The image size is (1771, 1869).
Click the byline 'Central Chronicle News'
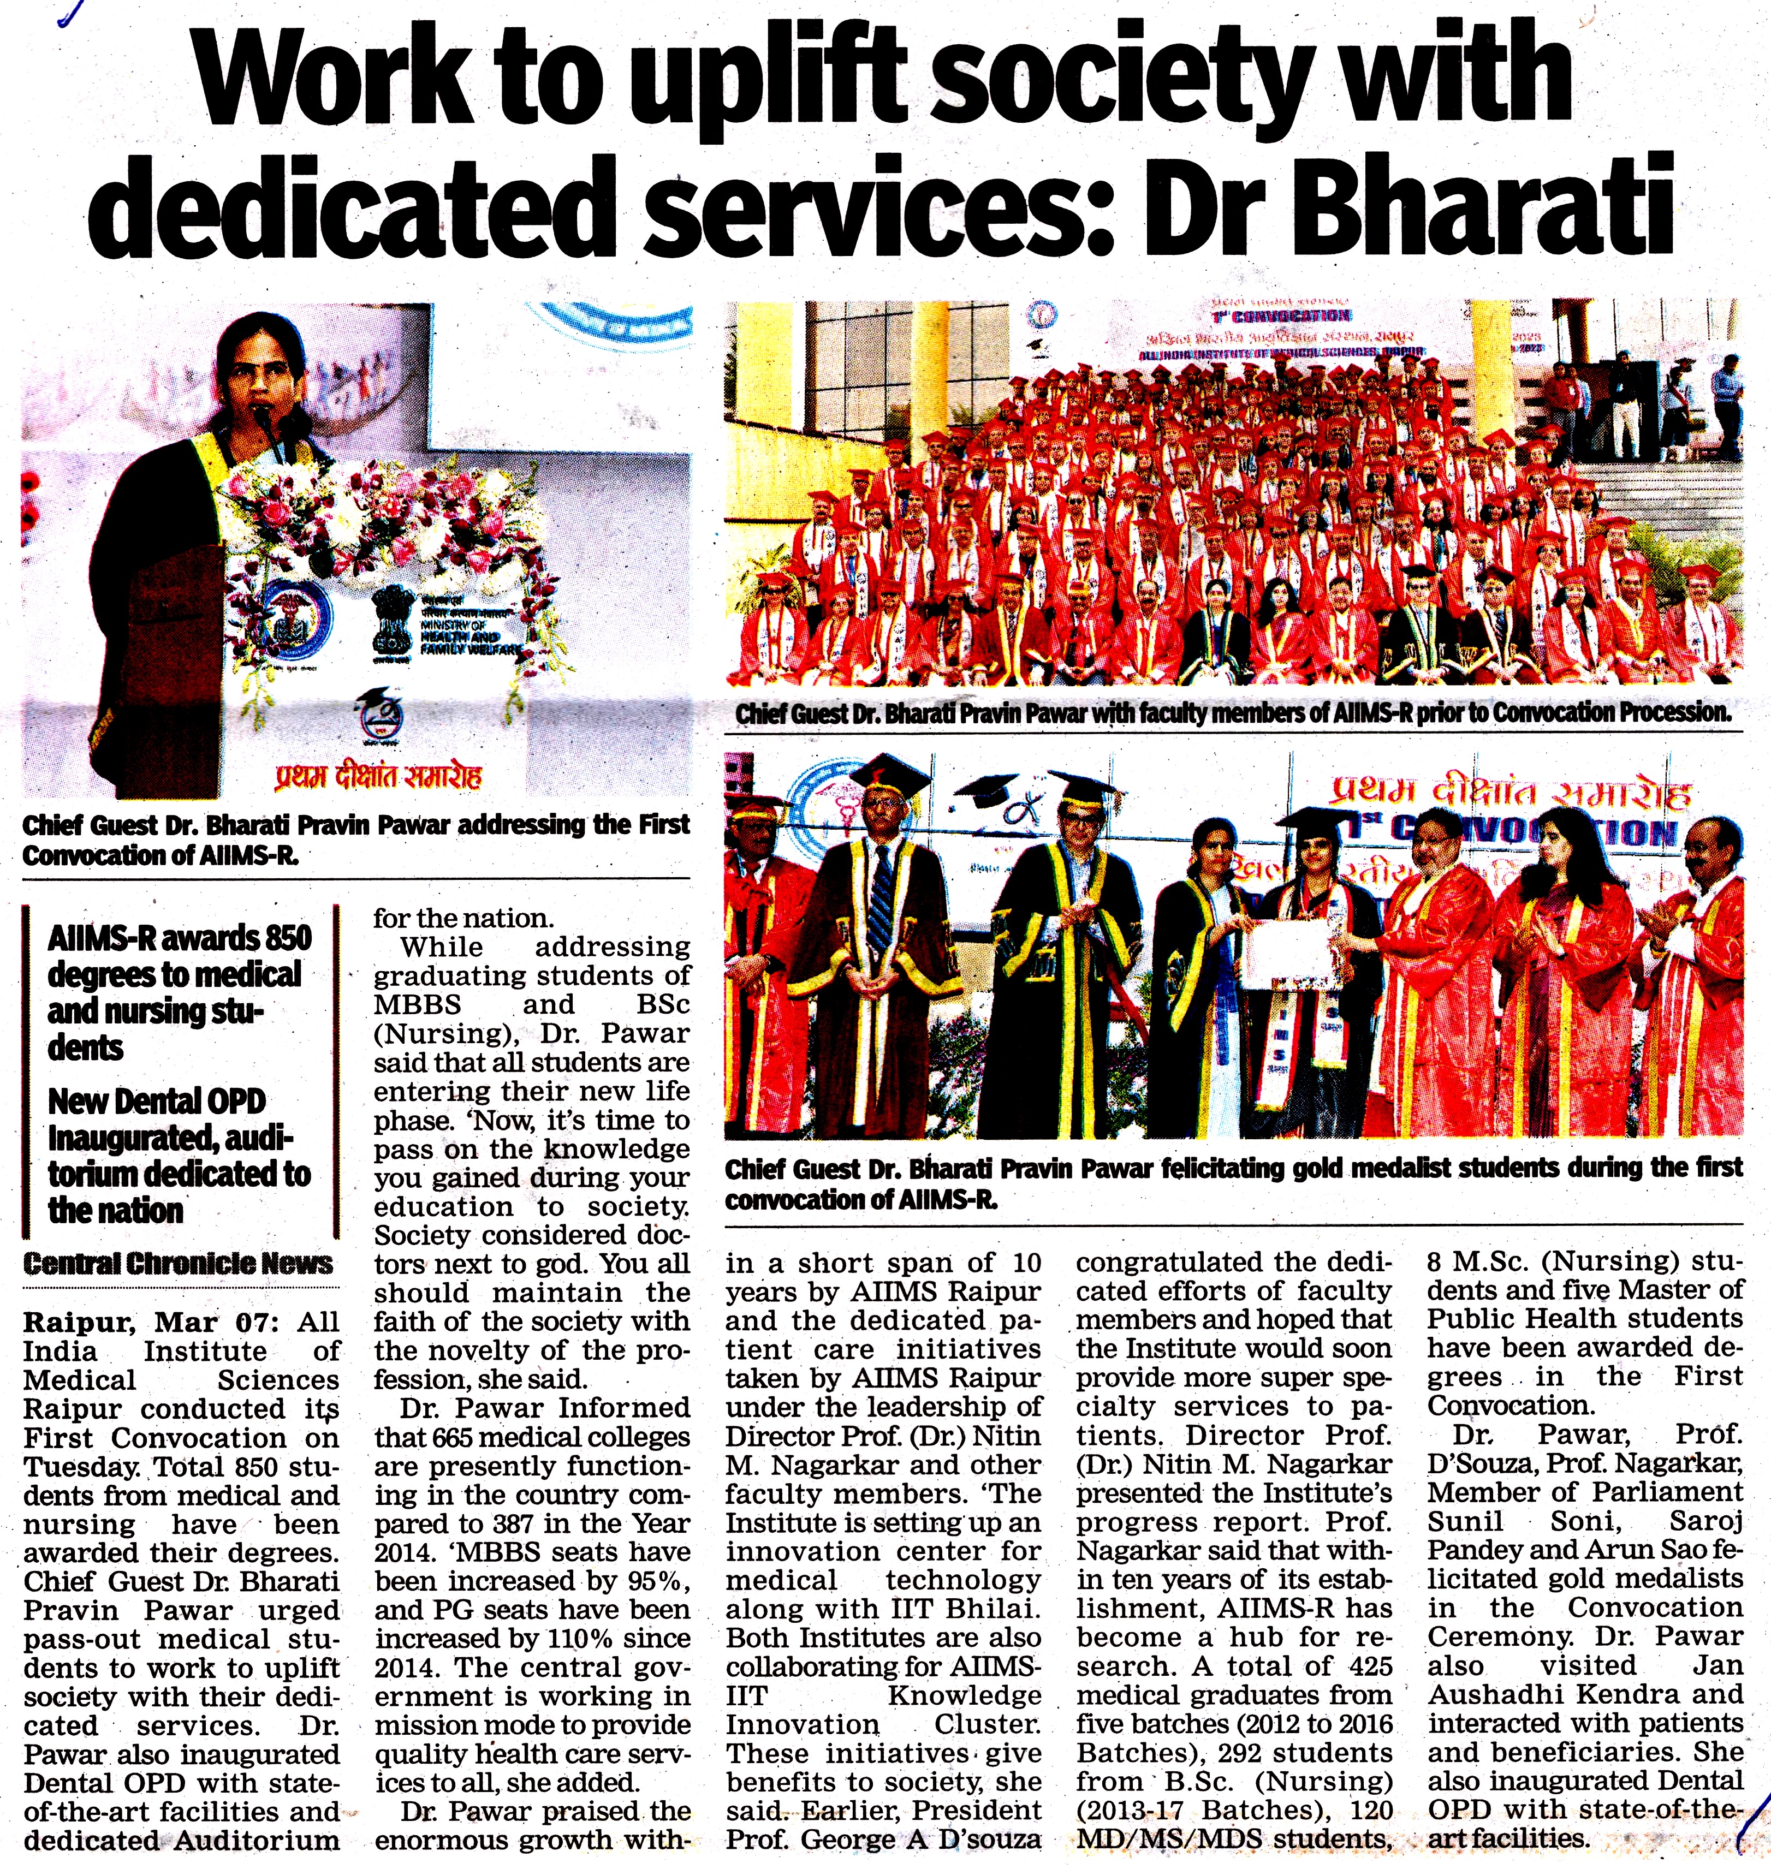(177, 1263)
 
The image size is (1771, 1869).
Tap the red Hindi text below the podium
(378, 776)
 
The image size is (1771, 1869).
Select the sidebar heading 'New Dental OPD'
(157, 1100)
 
